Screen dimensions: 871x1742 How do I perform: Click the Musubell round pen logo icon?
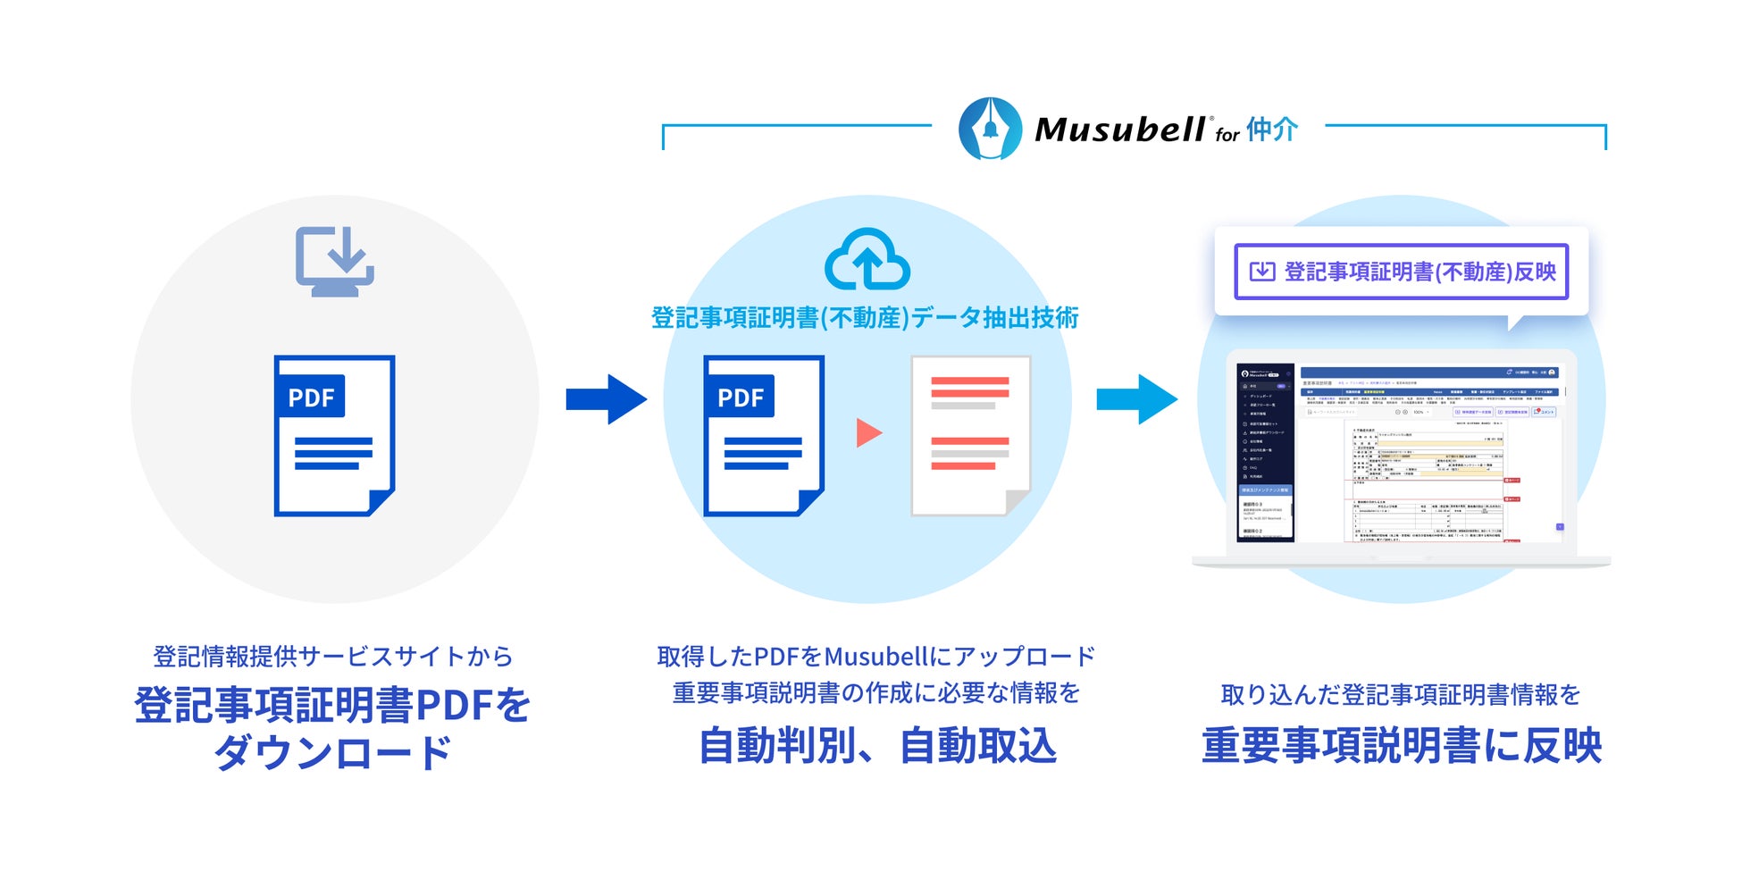pos(990,129)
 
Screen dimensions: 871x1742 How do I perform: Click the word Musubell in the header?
pos(1120,130)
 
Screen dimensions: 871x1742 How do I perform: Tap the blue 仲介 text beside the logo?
pos(1272,130)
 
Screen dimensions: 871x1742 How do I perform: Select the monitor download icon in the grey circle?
pos(335,261)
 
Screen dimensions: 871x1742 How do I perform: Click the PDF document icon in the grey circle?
pos(335,436)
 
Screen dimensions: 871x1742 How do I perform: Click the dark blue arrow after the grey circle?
pos(607,399)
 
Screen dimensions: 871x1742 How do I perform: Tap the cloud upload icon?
pos(867,260)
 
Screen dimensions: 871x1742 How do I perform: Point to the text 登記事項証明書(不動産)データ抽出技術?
pos(865,318)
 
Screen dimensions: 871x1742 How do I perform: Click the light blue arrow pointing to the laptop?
pos(1136,399)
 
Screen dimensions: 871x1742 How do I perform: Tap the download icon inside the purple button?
pos(1261,272)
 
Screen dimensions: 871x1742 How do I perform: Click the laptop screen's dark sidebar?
pos(1265,452)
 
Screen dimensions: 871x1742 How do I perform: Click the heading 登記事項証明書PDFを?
pos(332,705)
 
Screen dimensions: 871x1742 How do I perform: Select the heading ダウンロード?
pos(332,752)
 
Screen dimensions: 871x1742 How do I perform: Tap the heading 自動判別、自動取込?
pos(877,746)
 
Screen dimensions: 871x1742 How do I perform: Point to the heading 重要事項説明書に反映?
pos(1402,746)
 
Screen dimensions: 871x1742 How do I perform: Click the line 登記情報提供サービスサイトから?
pos(332,657)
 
